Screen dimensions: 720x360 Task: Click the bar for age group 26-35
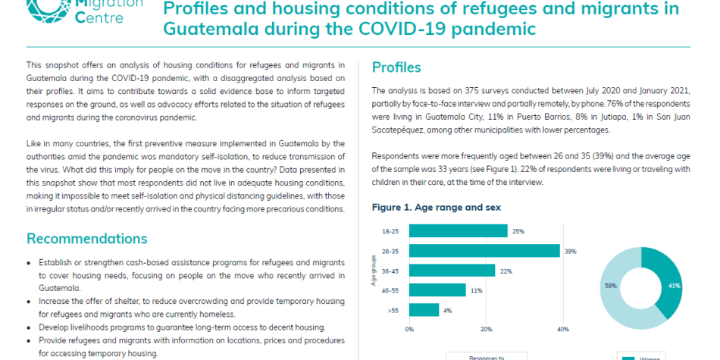(484, 251)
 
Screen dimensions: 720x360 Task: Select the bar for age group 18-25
(459, 231)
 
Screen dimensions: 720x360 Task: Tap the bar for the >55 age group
(424, 310)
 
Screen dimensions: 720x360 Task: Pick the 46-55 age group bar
(437, 290)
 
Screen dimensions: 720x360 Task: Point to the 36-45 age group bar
(452, 271)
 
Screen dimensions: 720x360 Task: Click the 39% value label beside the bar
(571, 251)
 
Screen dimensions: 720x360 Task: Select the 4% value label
(448, 311)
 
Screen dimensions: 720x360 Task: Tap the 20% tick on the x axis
(487, 329)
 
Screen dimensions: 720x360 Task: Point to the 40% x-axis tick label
(563, 329)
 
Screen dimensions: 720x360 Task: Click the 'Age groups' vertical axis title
(374, 271)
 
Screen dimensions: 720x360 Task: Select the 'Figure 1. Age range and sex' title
(437, 208)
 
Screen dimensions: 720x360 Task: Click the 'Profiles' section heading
(396, 67)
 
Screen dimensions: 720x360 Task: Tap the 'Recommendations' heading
(87, 239)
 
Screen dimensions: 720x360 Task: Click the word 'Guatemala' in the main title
(209, 29)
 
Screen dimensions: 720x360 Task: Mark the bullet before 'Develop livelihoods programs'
(29, 328)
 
